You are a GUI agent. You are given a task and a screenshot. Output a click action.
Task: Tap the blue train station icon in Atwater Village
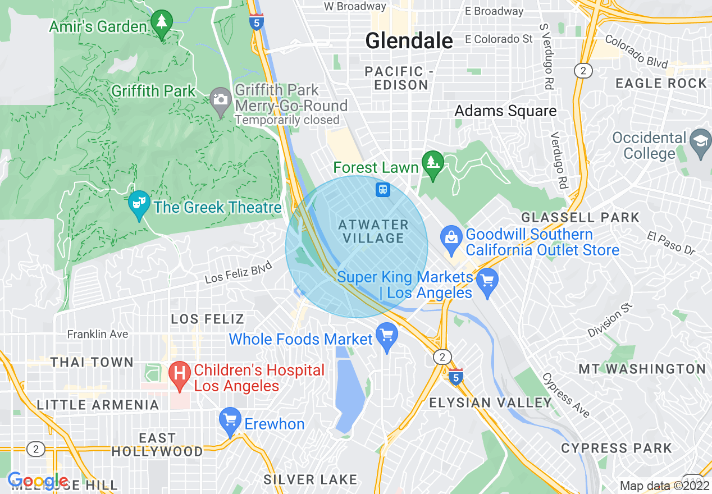(x=383, y=190)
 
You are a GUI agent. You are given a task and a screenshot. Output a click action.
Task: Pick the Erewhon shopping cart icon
(x=230, y=420)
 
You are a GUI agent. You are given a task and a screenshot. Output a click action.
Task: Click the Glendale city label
(x=409, y=40)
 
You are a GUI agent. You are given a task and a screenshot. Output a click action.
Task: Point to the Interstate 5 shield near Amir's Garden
(x=256, y=22)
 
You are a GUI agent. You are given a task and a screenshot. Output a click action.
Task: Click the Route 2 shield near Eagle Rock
(x=583, y=70)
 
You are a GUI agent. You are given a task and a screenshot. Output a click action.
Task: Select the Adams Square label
(x=505, y=111)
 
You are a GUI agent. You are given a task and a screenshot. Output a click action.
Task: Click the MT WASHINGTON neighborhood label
(x=642, y=369)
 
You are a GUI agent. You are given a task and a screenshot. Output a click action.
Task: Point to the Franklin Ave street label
(x=98, y=334)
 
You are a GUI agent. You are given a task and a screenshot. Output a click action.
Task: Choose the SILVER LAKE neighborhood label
(x=311, y=479)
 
